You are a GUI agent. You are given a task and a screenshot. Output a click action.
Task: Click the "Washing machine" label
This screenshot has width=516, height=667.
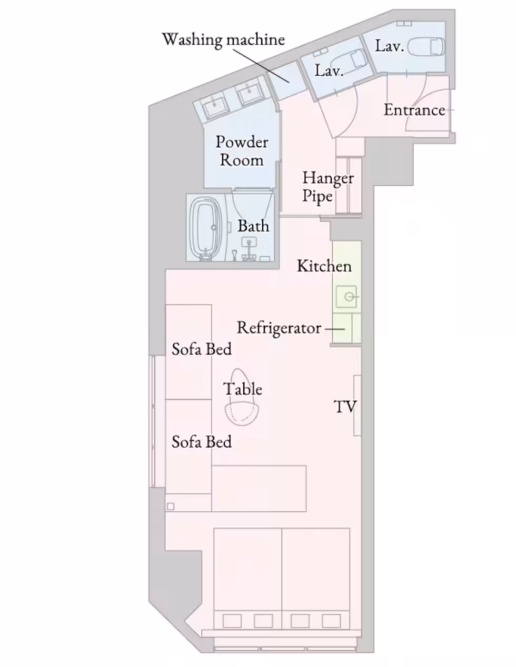coord(223,39)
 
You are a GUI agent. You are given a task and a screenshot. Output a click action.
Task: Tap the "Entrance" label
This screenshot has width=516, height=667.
coord(414,110)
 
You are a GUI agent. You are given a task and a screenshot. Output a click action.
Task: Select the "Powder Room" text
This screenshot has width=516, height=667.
coord(242,151)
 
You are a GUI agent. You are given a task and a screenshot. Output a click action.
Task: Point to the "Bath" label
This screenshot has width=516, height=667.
coord(253,226)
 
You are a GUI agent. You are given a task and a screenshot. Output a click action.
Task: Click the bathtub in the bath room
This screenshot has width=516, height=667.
coord(206,229)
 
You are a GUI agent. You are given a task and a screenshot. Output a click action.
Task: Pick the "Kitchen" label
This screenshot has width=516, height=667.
coord(324,266)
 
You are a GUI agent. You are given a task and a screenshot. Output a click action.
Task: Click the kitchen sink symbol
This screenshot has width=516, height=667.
coord(347,297)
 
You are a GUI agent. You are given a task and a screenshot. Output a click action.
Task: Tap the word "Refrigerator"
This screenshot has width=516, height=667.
coord(279,328)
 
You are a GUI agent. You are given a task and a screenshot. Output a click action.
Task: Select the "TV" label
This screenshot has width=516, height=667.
coord(345,407)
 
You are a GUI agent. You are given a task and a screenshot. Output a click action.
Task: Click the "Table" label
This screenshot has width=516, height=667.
coord(243,389)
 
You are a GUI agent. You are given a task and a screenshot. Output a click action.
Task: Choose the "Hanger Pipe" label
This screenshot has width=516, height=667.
coord(328,187)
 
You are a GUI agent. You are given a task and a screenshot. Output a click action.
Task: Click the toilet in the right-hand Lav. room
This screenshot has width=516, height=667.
coord(428,46)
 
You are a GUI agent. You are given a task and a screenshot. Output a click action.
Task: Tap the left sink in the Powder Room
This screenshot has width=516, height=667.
coord(216,106)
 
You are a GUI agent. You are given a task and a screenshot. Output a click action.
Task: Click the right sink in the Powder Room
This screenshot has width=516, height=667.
coord(250,93)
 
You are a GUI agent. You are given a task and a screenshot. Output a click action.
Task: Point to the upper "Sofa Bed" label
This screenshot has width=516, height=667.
coord(202,349)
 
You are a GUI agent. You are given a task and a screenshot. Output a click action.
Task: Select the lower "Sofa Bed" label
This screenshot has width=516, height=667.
coord(202,442)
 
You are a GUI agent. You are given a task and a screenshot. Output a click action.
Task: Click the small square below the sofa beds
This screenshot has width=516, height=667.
coord(171,507)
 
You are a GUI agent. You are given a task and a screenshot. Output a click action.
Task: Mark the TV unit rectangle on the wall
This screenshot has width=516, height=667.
coord(357,405)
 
